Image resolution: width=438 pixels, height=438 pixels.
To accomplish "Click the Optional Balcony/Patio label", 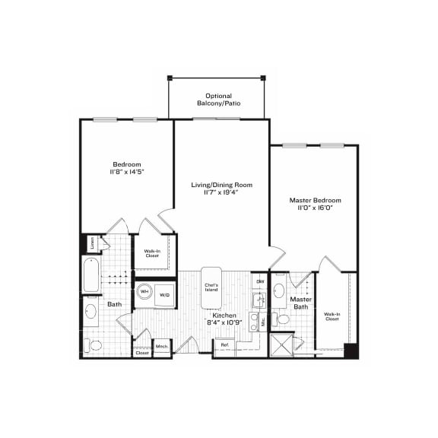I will point(217,99).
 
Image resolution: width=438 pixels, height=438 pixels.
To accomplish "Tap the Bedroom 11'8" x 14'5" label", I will point(127,168).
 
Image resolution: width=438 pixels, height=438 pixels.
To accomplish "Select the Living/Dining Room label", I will point(221,189).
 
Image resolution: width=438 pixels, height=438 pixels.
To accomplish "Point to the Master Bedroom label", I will point(315,205).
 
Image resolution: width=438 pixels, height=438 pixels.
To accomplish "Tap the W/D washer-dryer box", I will point(166,294).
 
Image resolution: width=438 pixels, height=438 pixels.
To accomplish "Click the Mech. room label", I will point(162,348).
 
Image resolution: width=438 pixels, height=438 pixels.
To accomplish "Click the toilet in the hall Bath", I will point(94,345).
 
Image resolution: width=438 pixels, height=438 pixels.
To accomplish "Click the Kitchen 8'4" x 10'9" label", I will point(224,319).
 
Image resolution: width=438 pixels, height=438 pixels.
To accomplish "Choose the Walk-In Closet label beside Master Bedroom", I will point(332,316).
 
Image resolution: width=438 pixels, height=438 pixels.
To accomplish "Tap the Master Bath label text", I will point(301,303).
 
